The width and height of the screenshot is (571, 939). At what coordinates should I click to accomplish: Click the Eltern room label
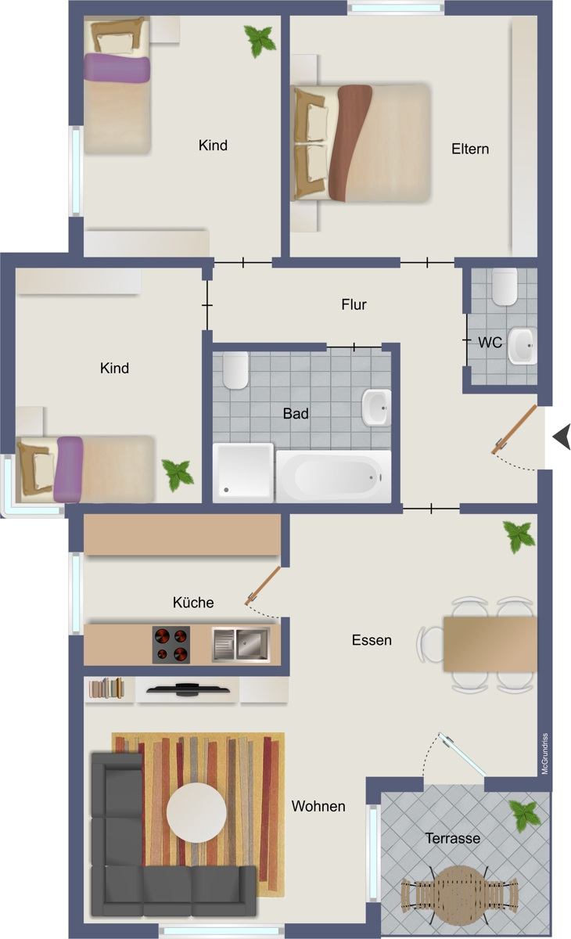coord(470,149)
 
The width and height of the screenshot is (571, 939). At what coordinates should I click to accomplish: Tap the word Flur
coord(354,304)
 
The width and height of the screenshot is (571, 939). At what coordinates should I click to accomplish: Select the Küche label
coord(193,603)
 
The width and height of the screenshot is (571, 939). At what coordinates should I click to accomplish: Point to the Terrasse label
coord(453,838)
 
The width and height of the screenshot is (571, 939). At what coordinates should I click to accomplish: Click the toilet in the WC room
coord(505,286)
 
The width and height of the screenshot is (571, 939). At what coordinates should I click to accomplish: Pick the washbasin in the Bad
coord(375,408)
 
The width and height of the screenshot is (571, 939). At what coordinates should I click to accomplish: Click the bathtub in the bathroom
coord(333,477)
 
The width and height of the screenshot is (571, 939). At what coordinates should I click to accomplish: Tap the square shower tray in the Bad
coord(243,473)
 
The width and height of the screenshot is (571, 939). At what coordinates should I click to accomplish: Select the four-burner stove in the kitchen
coord(171,645)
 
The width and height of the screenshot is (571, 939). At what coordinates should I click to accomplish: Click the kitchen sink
coord(241,644)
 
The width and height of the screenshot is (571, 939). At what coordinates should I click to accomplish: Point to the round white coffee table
coord(196,812)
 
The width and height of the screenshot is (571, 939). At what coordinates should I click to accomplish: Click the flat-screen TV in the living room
coord(188,689)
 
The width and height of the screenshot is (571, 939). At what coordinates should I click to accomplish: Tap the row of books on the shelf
coord(106,689)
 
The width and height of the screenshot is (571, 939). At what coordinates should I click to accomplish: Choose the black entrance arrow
coord(562,437)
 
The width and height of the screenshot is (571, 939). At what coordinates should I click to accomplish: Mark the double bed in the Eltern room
coord(361,143)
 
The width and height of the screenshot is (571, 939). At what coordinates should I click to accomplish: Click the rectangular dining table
coord(490,644)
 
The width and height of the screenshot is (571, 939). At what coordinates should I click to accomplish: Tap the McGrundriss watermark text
coord(545,754)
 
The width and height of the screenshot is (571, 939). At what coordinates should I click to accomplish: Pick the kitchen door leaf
coord(263,585)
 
